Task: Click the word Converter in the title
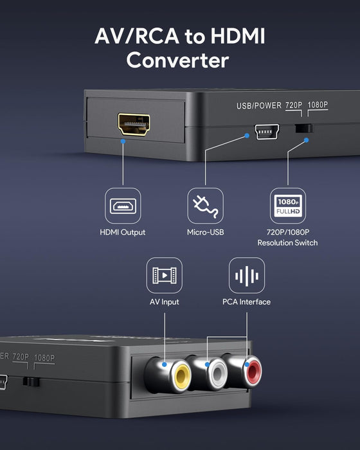pyautogui.click(x=177, y=60)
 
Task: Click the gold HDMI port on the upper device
pyautogui.click(x=134, y=123)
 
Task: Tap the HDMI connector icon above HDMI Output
pyautogui.click(x=123, y=206)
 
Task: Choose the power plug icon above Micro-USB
pyautogui.click(x=204, y=206)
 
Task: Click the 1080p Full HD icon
pyautogui.click(x=287, y=206)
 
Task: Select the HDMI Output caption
pyautogui.click(x=123, y=232)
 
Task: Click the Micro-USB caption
pyautogui.click(x=204, y=232)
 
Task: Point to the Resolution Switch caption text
pyautogui.click(x=287, y=242)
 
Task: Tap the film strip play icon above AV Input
pyautogui.click(x=165, y=275)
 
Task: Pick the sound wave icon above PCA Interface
pyautogui.click(x=247, y=275)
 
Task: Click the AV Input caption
pyautogui.click(x=165, y=301)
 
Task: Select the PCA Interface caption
pyautogui.click(x=247, y=301)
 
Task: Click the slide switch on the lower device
pyautogui.click(x=29, y=381)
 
